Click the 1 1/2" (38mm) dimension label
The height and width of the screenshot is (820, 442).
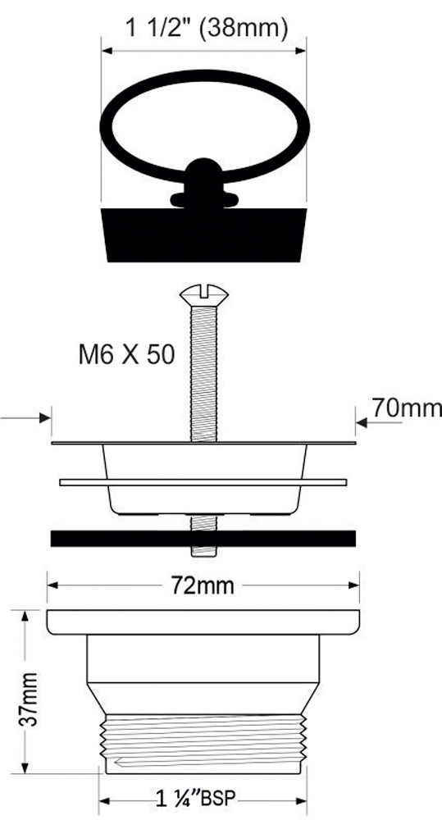tap(206, 28)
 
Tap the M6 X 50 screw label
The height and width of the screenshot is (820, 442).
tap(126, 356)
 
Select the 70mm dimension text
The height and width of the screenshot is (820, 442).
tap(407, 408)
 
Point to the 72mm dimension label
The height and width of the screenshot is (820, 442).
tap(203, 585)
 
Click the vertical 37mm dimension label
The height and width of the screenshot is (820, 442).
tap(30, 699)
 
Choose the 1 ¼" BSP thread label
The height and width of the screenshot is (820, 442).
tap(196, 799)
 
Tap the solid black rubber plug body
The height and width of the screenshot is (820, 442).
tap(204, 235)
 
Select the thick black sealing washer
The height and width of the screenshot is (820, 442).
tap(203, 538)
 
